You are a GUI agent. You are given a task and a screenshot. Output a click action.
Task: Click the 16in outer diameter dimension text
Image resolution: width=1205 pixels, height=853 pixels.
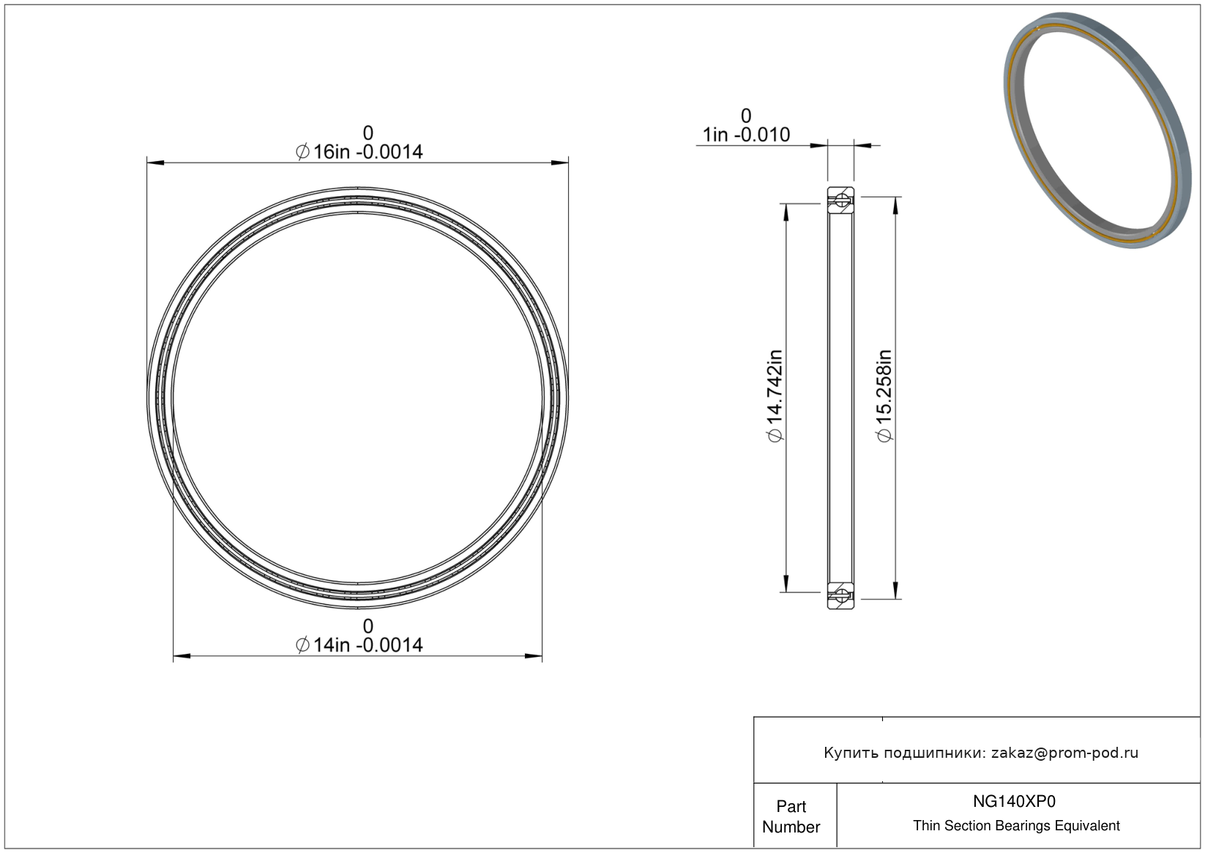(x=359, y=152)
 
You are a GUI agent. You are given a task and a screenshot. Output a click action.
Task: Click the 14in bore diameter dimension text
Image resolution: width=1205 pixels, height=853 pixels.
(x=359, y=645)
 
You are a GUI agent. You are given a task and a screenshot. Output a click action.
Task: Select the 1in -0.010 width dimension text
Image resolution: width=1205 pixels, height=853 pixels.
(x=746, y=135)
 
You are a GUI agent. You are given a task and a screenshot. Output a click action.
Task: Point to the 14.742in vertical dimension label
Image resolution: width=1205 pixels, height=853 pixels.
(x=775, y=395)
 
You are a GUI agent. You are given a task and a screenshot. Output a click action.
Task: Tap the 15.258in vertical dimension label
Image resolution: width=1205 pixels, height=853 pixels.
(x=884, y=395)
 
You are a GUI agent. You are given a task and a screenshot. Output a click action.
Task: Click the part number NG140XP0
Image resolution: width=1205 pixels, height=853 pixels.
(x=1014, y=801)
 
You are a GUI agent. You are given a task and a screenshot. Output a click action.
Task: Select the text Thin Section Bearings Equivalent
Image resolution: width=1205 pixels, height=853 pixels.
(x=1016, y=826)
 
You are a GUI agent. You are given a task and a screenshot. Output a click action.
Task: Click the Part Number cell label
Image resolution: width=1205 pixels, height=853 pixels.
(x=791, y=816)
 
